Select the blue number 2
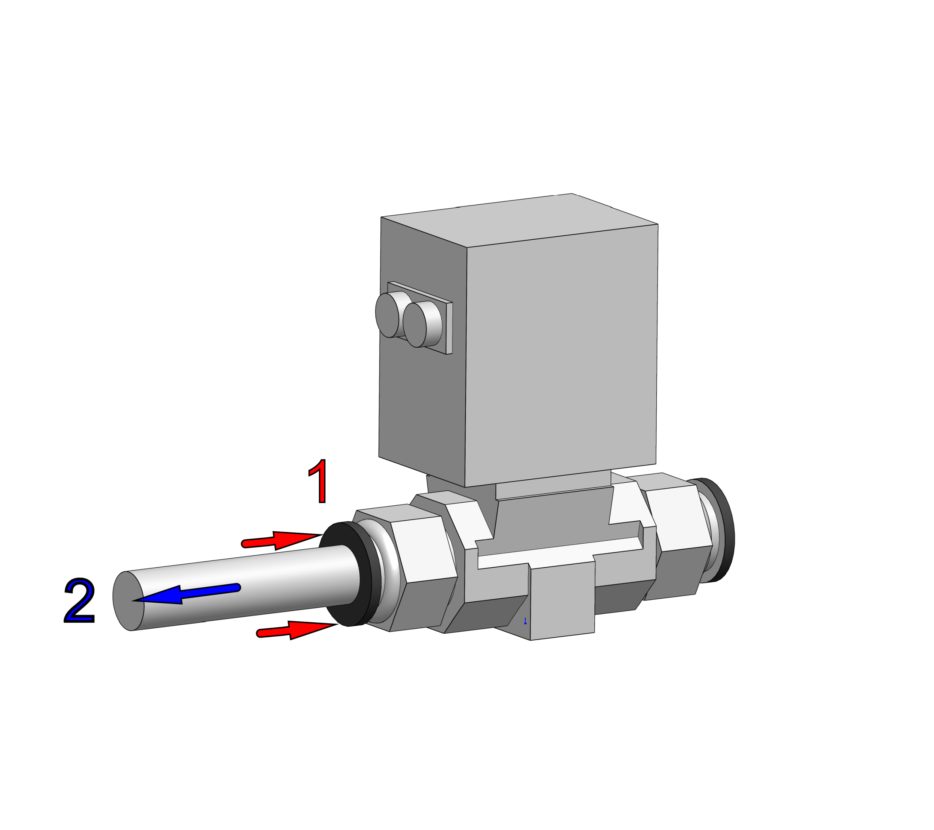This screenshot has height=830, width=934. (x=80, y=600)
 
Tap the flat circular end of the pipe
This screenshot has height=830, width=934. (x=128, y=601)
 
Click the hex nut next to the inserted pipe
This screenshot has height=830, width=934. (x=423, y=571)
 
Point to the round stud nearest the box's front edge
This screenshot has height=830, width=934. (x=415, y=325)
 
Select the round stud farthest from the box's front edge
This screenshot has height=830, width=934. (x=387, y=315)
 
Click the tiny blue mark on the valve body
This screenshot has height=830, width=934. (x=525, y=621)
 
